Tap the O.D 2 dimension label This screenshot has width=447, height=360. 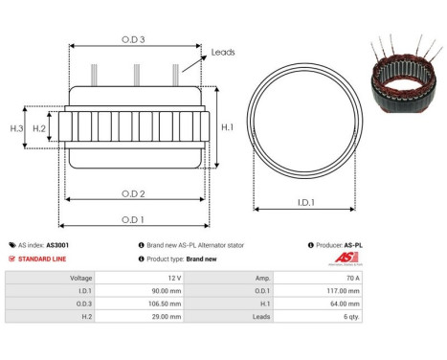134,194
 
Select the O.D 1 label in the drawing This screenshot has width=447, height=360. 133,219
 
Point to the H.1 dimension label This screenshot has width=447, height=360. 227,126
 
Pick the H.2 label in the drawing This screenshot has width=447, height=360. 39,127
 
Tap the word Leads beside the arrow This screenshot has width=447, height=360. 223,53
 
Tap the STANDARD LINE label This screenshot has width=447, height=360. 43,259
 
